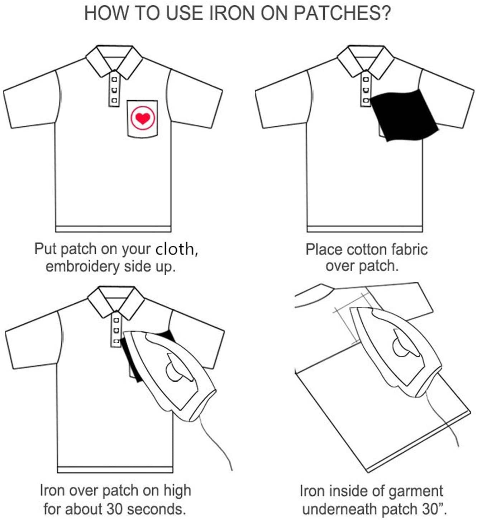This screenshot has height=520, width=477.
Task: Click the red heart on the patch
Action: (143, 118)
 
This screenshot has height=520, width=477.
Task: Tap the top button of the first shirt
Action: (114, 80)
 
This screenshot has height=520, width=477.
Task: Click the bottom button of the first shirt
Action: (114, 100)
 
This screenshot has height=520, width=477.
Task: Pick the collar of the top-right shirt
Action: (366, 62)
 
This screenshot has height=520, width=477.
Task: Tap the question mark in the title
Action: (386, 13)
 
